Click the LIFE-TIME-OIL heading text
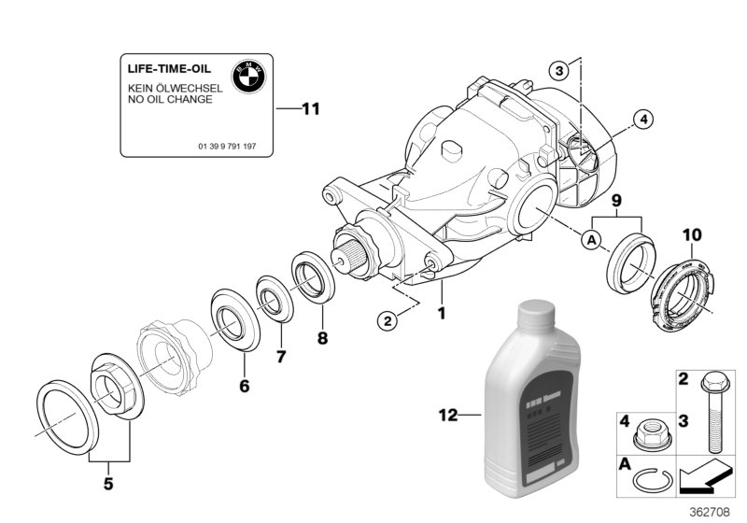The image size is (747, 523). (x=169, y=70)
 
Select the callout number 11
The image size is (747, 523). (x=309, y=109)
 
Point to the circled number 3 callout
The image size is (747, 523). (x=557, y=70)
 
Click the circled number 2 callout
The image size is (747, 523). (x=387, y=320)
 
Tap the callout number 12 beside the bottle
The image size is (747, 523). (x=449, y=415)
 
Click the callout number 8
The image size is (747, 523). (x=322, y=338)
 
